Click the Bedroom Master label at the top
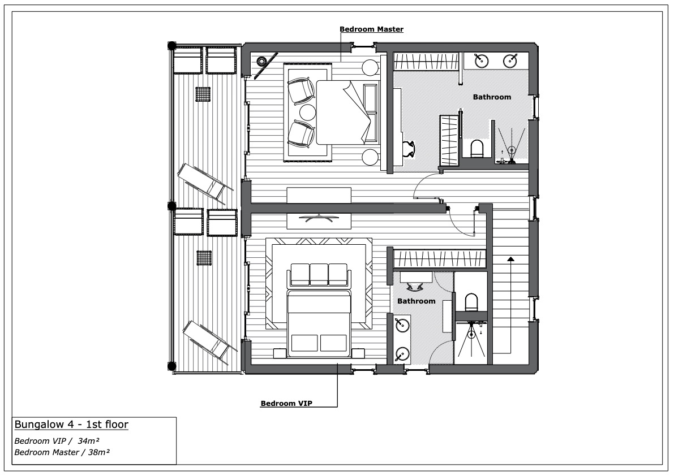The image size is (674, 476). pos(371,29)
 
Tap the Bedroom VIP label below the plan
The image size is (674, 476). pos(286,404)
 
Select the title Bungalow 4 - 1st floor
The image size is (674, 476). pos(71,425)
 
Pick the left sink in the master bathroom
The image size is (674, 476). pos(482,59)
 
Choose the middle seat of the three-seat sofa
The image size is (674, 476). pos(319,274)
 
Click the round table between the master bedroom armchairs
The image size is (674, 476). pos(307,112)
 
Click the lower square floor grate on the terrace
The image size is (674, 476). pos(203,258)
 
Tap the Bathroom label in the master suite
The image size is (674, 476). pos(492,97)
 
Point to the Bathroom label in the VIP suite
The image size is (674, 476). pos(416,301)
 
